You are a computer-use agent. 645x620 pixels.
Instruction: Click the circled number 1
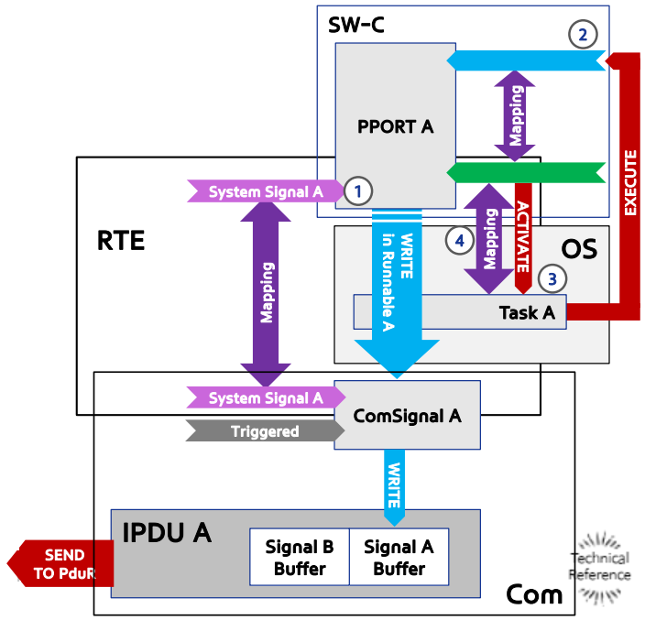click(x=358, y=190)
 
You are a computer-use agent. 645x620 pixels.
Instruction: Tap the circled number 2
click(x=583, y=35)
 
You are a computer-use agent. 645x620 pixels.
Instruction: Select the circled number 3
click(x=552, y=278)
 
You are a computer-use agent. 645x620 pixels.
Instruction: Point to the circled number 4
click(x=460, y=241)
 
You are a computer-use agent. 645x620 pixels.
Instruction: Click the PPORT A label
click(x=395, y=126)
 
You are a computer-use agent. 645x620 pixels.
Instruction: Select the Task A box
click(x=460, y=312)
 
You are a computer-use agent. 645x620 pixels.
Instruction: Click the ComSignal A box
click(x=407, y=415)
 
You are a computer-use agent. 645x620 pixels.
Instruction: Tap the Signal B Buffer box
click(x=300, y=557)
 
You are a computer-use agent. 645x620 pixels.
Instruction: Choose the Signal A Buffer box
click(x=399, y=557)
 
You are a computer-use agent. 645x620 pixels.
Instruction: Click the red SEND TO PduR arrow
click(x=60, y=563)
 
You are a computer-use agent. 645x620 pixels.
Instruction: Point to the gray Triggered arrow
click(x=266, y=430)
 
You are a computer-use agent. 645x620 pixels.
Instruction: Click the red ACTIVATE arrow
click(x=523, y=238)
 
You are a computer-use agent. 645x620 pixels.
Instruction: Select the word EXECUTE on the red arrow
click(x=630, y=182)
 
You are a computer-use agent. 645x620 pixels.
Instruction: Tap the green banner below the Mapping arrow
click(x=526, y=173)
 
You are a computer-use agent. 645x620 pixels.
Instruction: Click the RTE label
click(x=121, y=241)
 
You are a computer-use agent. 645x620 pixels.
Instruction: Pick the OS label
click(x=579, y=249)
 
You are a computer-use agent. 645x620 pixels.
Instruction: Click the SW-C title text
click(x=356, y=25)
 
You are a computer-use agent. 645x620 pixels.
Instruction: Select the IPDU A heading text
click(x=167, y=532)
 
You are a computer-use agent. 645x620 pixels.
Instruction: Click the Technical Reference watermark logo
click(x=600, y=568)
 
